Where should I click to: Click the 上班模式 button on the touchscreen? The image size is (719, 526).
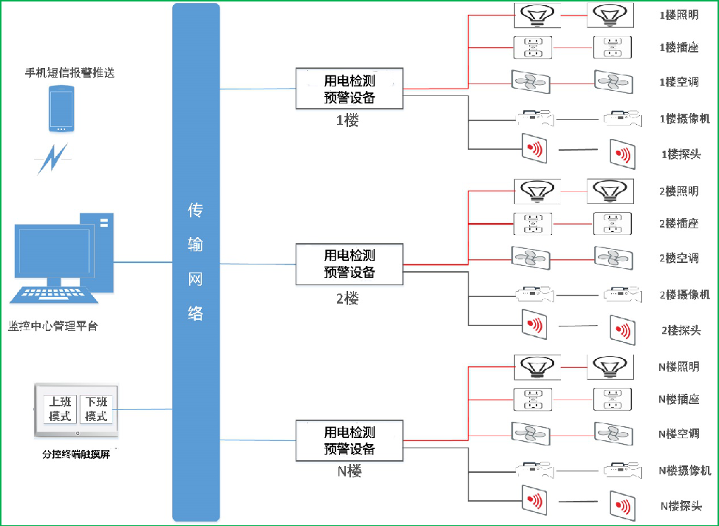[x=59, y=409]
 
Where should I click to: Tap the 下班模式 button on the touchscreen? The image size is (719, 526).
[x=96, y=409]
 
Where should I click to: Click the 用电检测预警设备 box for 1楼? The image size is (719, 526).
[x=350, y=89]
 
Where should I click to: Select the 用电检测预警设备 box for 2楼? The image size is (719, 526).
[x=350, y=264]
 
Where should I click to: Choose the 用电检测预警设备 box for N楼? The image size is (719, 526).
[x=350, y=441]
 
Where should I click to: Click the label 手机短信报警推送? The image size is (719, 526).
[x=70, y=72]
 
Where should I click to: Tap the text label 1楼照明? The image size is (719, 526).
[x=678, y=15]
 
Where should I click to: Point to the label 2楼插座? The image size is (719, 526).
[x=678, y=223]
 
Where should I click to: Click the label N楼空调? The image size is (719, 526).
[x=678, y=434]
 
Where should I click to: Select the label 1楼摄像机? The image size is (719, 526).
[x=684, y=118]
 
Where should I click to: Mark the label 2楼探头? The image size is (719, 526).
[x=680, y=330]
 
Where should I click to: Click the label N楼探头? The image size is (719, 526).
[x=680, y=506]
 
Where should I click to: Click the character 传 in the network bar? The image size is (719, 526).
[x=195, y=211]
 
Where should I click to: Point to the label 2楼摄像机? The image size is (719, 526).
[x=684, y=295]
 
